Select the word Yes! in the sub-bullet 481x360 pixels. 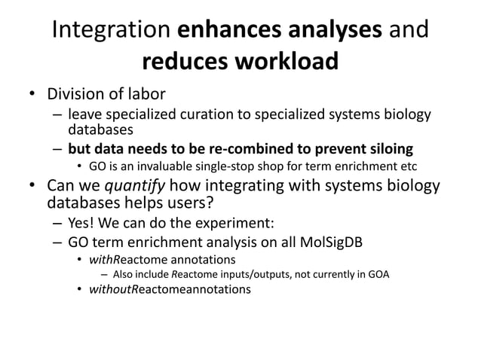tap(82, 224)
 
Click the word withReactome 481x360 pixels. tap(124, 259)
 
